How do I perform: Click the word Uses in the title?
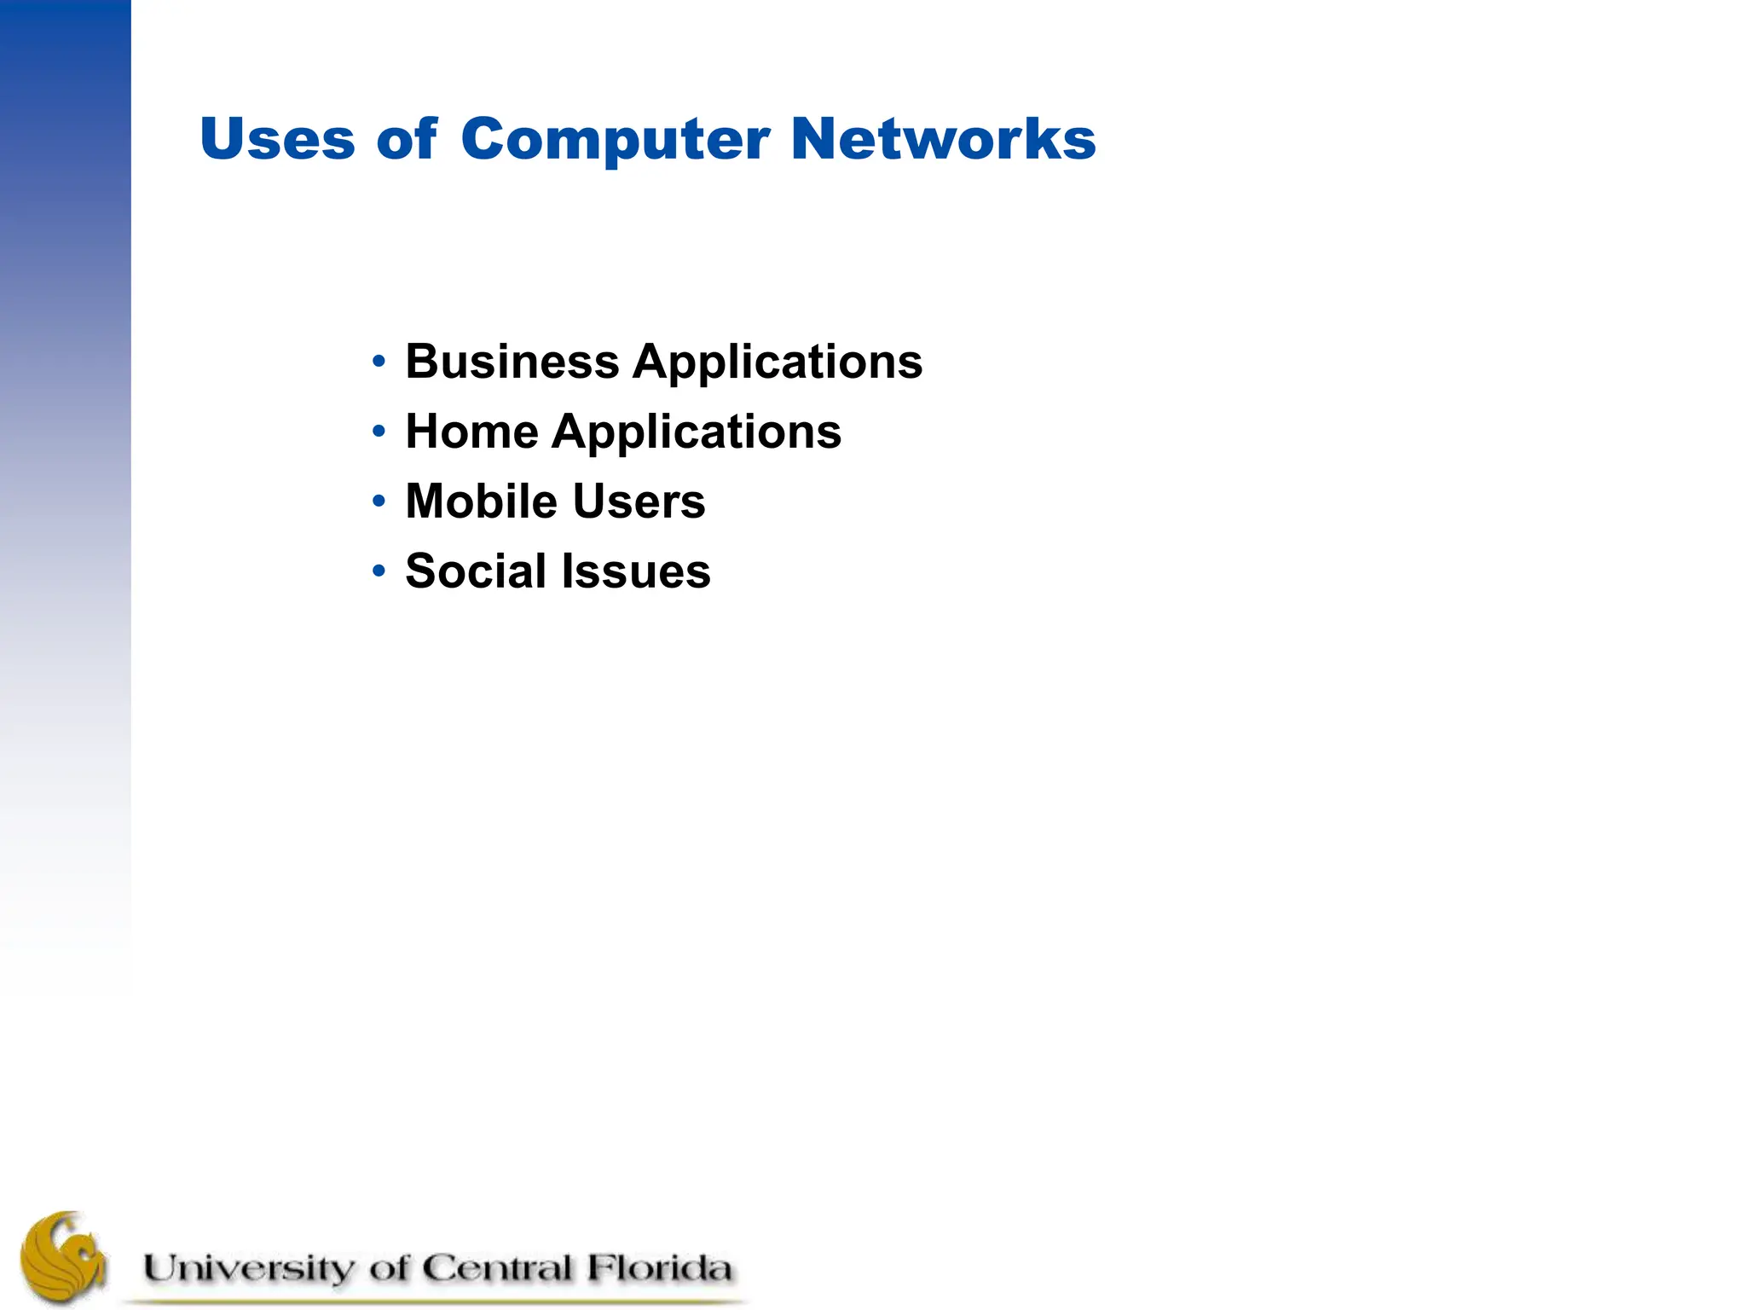tap(277, 139)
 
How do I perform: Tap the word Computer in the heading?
tap(616, 139)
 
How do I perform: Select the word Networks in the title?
tap(943, 139)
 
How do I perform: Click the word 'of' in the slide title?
tap(407, 139)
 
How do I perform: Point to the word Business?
tap(512, 362)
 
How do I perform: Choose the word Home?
tap(471, 432)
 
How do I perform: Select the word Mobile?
tap(481, 501)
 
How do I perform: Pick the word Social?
tap(475, 571)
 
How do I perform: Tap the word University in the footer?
tap(247, 1269)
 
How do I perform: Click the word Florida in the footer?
tap(659, 1268)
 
